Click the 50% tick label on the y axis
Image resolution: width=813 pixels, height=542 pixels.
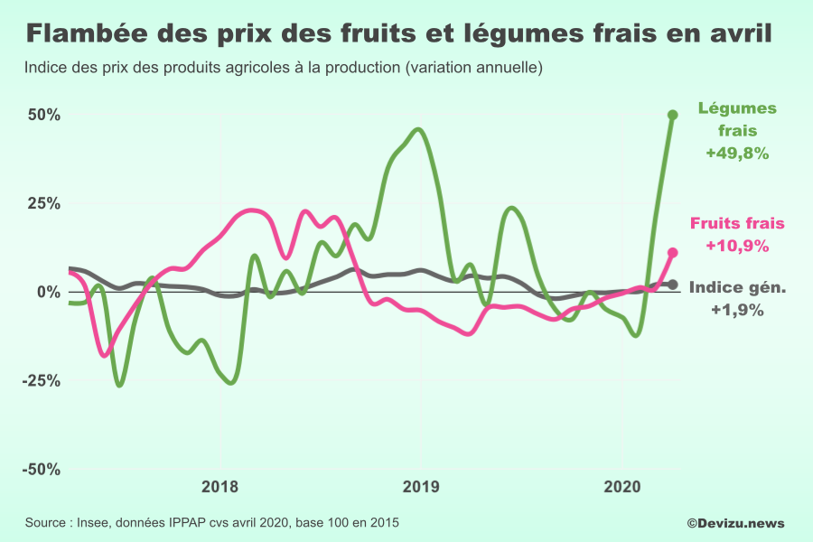tap(42, 116)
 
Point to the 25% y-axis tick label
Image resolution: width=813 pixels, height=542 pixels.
tap(42, 204)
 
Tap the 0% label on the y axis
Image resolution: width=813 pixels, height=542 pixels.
tap(48, 293)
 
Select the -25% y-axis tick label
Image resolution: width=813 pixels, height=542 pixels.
tap(40, 381)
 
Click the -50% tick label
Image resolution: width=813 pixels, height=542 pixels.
tap(40, 470)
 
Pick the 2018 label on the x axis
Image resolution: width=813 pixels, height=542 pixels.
tap(220, 487)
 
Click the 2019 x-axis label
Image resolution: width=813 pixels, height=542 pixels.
tap(421, 487)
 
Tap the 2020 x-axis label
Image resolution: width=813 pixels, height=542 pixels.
tap(621, 487)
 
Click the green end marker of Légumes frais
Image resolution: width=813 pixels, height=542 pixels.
tap(672, 115)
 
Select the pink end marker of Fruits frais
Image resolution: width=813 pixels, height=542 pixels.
tap(672, 253)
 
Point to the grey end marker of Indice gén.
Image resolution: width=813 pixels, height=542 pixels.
tap(672, 285)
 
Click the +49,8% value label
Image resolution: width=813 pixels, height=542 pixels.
tap(737, 154)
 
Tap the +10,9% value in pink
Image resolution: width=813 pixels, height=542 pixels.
tap(737, 246)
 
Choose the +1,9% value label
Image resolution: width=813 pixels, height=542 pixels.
tap(737, 310)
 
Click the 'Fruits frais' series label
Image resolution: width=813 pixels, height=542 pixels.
tap(737, 223)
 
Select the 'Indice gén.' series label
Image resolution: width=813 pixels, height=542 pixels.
tap(737, 288)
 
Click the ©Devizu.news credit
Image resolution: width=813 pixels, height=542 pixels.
tap(735, 523)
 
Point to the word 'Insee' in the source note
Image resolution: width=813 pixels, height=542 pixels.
tap(94, 523)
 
